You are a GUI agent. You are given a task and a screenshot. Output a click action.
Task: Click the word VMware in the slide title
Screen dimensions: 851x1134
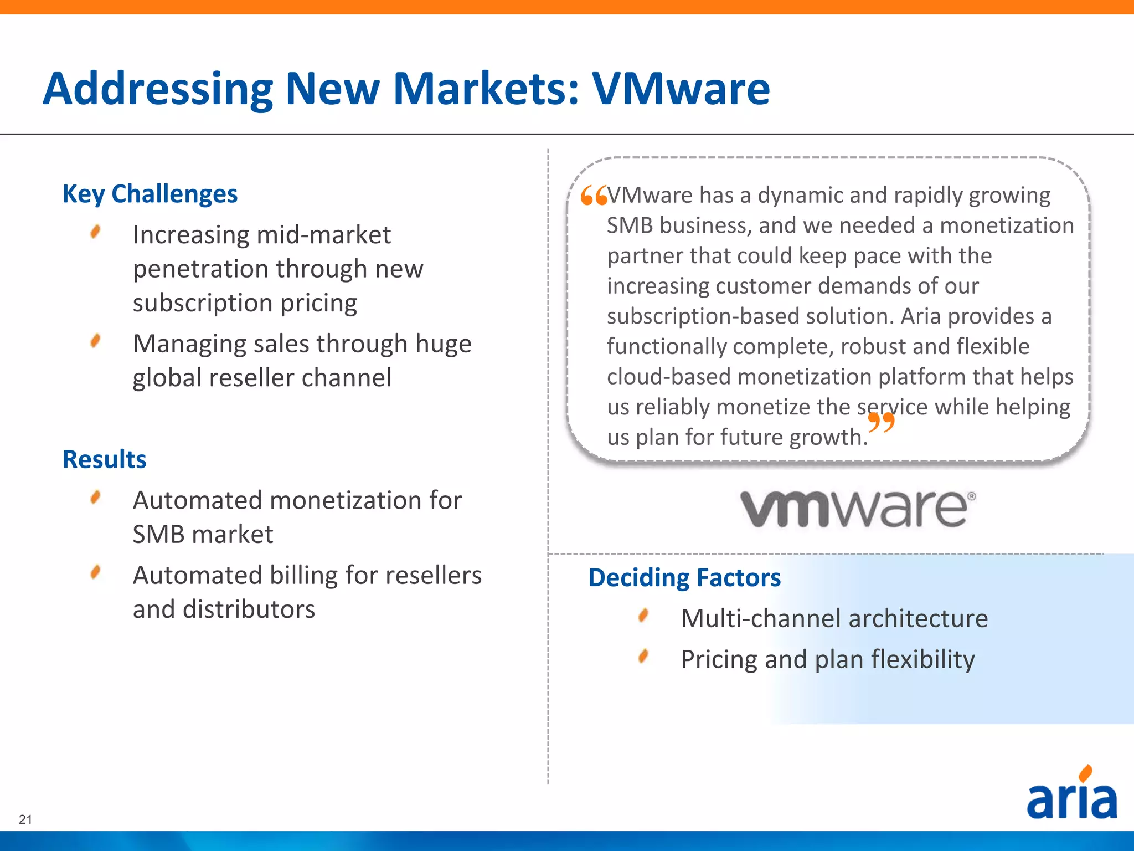pos(681,89)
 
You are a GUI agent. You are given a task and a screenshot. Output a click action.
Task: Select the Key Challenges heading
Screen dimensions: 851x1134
pos(150,194)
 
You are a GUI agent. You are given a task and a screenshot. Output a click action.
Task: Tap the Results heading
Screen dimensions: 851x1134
pos(104,460)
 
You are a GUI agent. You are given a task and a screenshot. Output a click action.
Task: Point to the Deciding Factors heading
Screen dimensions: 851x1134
pos(684,578)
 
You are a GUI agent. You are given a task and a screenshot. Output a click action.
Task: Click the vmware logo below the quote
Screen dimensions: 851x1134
pos(858,509)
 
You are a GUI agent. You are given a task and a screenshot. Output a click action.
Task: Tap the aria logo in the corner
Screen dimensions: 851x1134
pos(1072,796)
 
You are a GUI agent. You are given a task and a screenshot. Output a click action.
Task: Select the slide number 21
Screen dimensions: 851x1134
pos(25,819)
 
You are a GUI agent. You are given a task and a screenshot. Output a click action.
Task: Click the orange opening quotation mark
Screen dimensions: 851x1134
pos(594,196)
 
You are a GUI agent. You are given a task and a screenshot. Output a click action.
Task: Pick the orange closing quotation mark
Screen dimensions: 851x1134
pos(881,422)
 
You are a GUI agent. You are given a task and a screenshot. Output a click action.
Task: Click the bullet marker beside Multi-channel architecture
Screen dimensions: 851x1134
pos(643,616)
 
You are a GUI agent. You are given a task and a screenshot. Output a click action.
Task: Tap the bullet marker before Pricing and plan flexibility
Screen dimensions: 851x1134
pos(643,657)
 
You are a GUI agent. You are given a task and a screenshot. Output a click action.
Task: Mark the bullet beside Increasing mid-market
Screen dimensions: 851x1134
pos(96,232)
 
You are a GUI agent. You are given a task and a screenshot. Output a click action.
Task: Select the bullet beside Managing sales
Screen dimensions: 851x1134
pos(96,341)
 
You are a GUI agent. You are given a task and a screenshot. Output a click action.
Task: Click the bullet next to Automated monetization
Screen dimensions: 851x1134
pos(96,497)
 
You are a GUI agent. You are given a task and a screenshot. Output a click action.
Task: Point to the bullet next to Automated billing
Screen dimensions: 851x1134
pos(96,572)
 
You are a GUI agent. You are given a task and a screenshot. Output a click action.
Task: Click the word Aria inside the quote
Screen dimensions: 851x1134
pos(921,316)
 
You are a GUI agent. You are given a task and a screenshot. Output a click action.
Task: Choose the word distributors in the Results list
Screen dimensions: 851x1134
pos(249,609)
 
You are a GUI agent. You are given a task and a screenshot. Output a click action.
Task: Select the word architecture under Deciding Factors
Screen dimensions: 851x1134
pos(917,618)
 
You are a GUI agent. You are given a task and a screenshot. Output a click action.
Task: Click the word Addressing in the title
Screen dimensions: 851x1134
pos(158,89)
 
